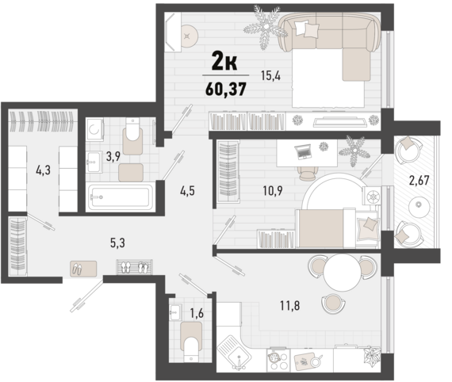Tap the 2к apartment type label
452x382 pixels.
coord(224,59)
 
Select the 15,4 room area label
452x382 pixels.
coord(271,76)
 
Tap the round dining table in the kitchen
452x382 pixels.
coord(343,274)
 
